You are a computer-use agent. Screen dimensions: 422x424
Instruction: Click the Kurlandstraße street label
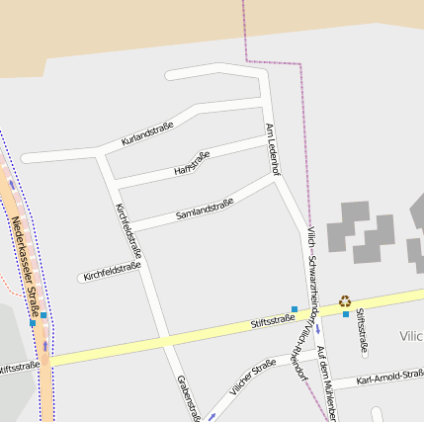[x=147, y=133]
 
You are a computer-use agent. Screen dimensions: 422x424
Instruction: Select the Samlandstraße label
[x=205, y=209]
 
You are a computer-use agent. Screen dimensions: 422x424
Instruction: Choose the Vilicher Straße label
[x=252, y=378]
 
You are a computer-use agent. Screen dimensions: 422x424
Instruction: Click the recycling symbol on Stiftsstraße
[x=345, y=301]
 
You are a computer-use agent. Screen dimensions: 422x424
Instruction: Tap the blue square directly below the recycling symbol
[x=346, y=314]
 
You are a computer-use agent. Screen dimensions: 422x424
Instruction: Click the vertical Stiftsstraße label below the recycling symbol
[x=363, y=330]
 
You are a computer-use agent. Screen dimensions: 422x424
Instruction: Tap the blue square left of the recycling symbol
[x=294, y=309]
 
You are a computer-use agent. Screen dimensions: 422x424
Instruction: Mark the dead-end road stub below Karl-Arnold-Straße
[x=376, y=412]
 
